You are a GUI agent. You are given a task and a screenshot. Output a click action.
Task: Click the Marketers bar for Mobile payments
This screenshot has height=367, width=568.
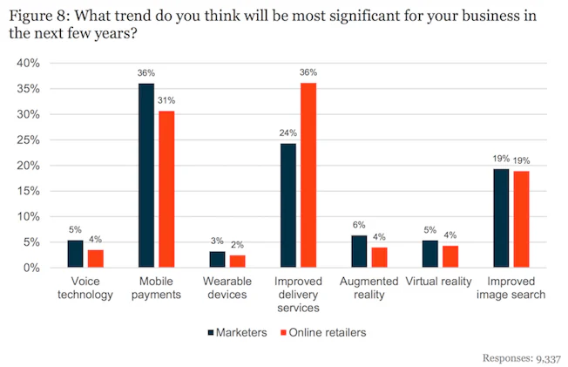pos(146,175)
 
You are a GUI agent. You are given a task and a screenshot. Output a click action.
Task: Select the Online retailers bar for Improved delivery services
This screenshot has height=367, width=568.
pos(308,175)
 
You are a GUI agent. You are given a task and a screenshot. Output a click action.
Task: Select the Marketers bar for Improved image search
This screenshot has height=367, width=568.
pos(502,218)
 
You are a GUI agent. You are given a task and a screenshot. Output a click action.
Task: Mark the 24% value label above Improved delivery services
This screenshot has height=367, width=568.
pos(287,133)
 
